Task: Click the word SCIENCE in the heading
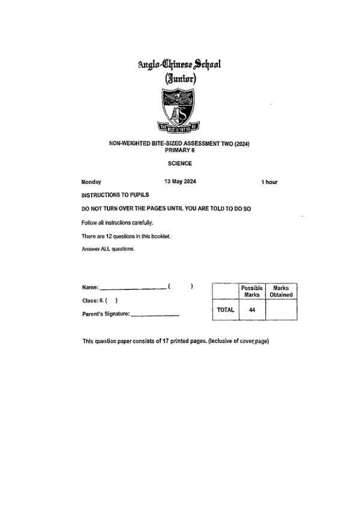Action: pyautogui.click(x=179, y=162)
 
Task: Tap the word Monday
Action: pyautogui.click(x=91, y=182)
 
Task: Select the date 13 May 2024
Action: pyautogui.click(x=179, y=181)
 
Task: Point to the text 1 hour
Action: pyautogui.click(x=269, y=182)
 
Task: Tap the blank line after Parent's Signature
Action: pyautogui.click(x=155, y=315)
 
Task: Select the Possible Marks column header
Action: pyautogui.click(x=251, y=291)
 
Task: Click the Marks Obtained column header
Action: pyautogui.click(x=281, y=291)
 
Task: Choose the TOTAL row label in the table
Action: pyautogui.click(x=225, y=310)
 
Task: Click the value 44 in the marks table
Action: pyautogui.click(x=251, y=310)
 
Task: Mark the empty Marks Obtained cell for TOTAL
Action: pyautogui.click(x=281, y=310)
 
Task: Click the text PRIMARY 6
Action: pyautogui.click(x=179, y=150)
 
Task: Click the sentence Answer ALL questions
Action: pyautogui.click(x=108, y=249)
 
